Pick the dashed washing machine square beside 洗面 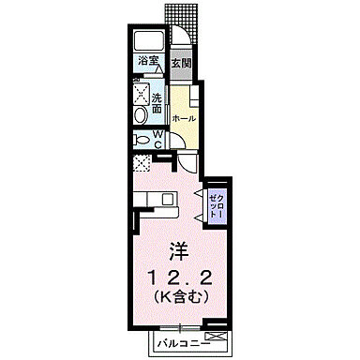[141, 93]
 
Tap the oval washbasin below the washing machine [140, 113]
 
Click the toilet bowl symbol [141, 139]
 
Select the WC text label [159, 139]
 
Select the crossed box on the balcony [216, 334]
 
